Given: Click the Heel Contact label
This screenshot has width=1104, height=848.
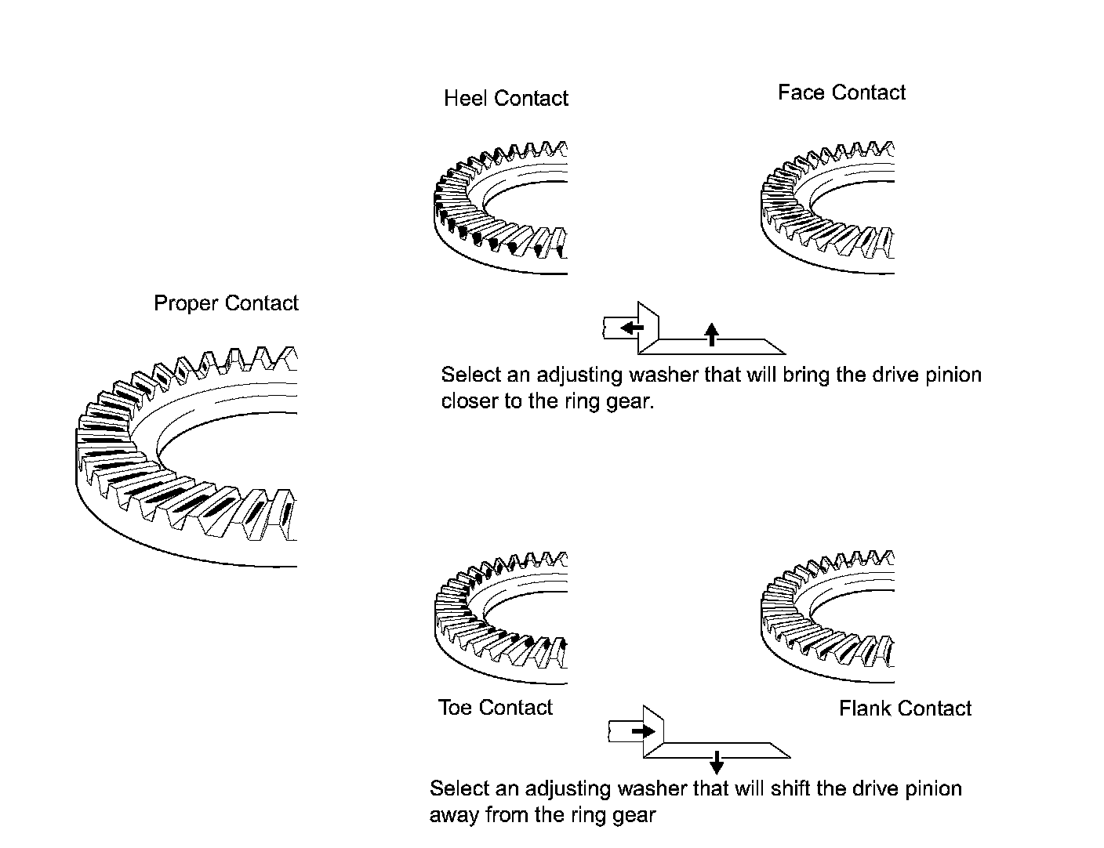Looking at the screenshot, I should coord(506,98).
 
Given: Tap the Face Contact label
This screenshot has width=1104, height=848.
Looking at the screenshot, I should coord(841,92).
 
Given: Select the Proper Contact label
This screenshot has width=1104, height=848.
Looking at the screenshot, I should coord(226,303).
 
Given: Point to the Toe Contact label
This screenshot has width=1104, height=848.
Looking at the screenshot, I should coord(495,708).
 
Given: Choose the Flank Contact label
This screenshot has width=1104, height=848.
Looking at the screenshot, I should coord(905,708).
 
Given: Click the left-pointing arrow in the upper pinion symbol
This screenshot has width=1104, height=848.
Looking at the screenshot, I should coord(632,328).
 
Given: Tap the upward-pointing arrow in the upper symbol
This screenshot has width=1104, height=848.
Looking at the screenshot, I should coord(711,334).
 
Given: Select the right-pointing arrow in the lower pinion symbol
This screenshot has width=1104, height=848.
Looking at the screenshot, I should coord(644,731).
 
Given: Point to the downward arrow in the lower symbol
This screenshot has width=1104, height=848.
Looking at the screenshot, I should coord(716,762).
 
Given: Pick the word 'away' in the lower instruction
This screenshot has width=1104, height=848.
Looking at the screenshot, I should coord(454,815).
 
